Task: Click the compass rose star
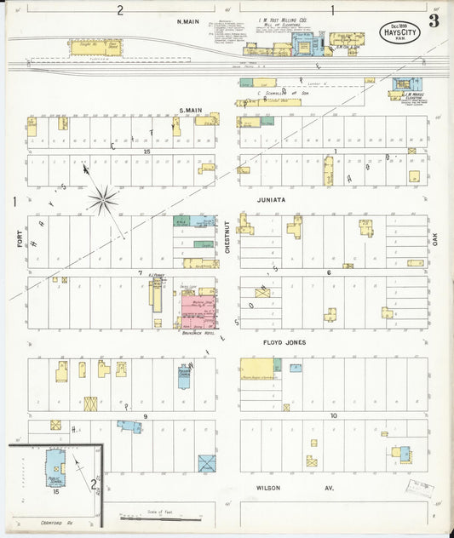tap(103, 201)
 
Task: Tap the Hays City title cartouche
tap(399, 33)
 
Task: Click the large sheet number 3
tap(434, 20)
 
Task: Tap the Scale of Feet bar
tap(162, 516)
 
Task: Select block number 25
tap(147, 151)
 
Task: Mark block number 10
tap(334, 415)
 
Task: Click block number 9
tap(146, 415)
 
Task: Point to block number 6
tap(328, 272)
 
